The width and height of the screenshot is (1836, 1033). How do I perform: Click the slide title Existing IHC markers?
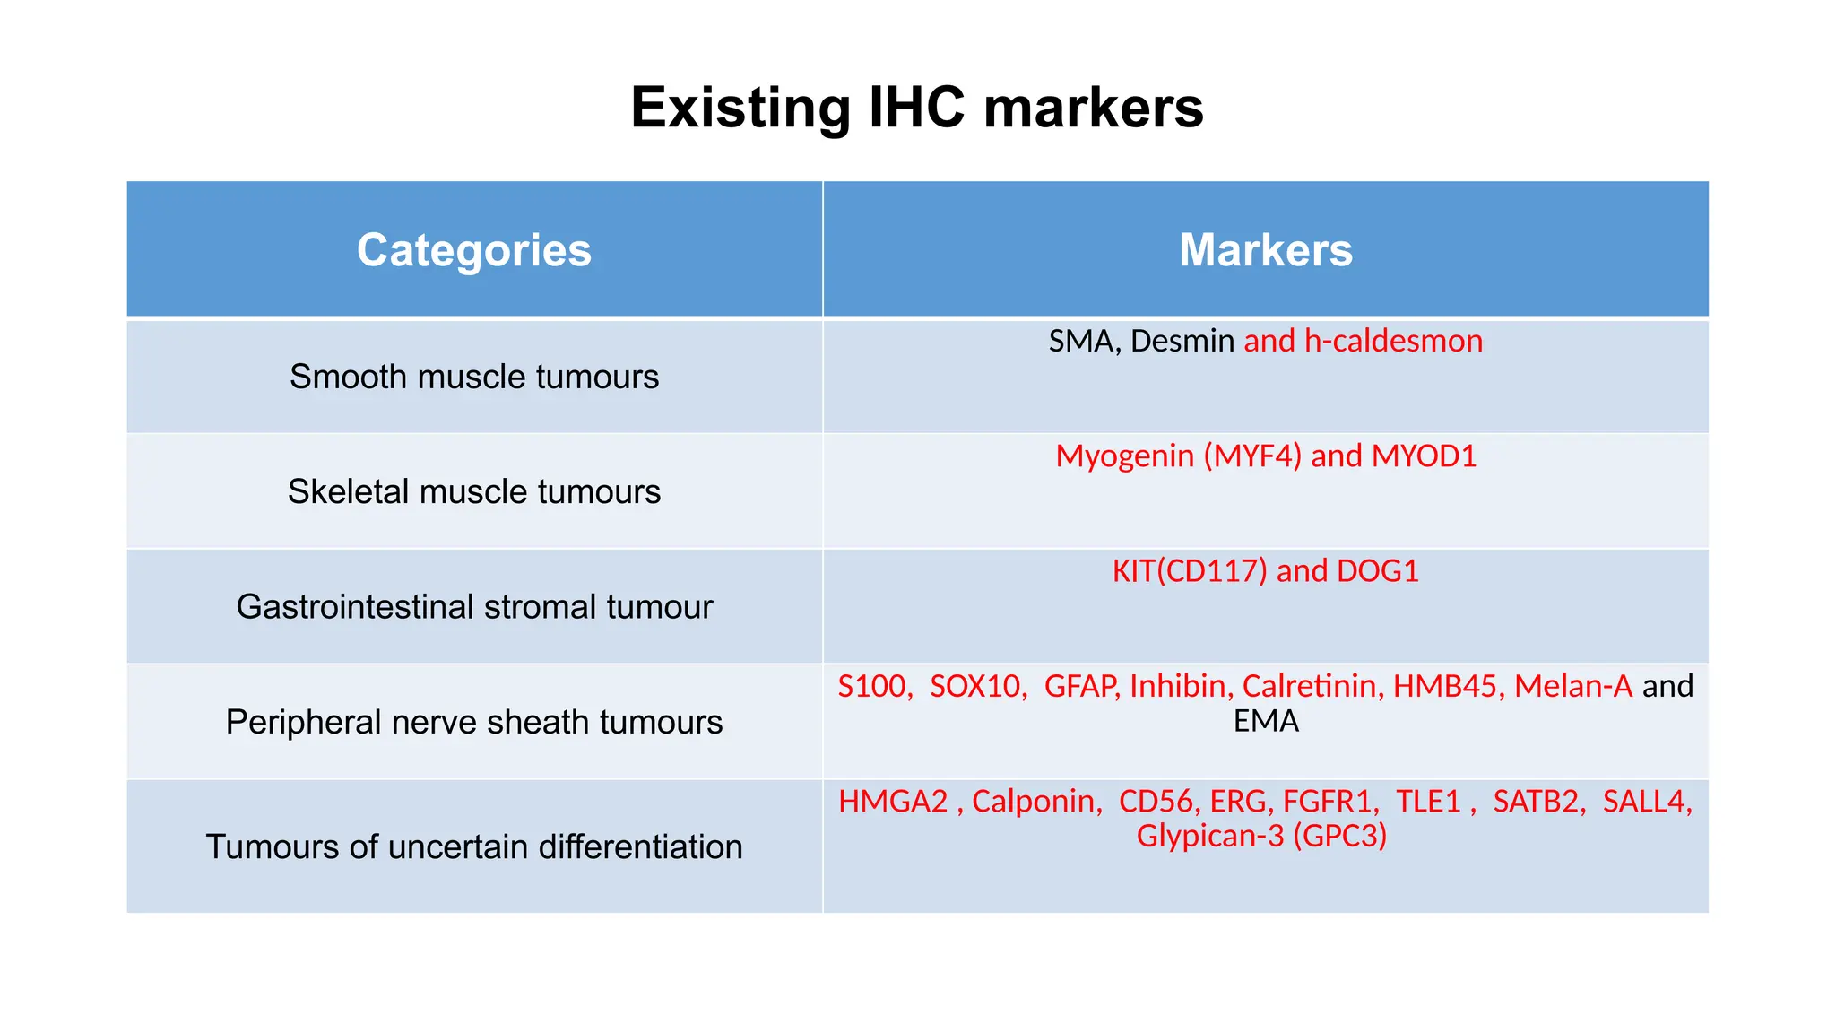pos(916,108)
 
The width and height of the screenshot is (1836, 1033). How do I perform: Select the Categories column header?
pos(474,249)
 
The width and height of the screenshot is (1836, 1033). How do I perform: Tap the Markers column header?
pos(1265,249)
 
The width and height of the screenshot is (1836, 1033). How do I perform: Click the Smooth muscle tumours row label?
pos(474,377)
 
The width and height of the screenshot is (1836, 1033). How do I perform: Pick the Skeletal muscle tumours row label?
pos(474,491)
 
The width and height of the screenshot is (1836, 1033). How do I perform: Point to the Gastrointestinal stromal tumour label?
pos(474,607)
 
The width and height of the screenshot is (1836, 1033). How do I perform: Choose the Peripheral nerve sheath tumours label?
pos(474,722)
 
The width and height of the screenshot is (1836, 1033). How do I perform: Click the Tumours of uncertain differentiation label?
pos(474,846)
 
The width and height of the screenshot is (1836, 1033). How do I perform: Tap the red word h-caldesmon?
pos(1393,341)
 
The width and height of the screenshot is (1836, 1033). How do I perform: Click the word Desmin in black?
pos(1182,341)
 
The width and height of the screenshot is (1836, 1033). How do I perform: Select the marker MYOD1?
pos(1424,456)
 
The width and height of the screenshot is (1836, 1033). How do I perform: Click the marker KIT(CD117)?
pos(1190,570)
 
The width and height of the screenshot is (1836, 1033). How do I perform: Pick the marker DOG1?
pos(1378,570)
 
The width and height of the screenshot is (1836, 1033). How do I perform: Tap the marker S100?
pos(874,686)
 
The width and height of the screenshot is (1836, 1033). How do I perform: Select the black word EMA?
pos(1265,721)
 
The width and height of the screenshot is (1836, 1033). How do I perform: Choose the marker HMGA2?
pos(893,801)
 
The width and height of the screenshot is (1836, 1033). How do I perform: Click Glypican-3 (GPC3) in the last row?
pos(1261,836)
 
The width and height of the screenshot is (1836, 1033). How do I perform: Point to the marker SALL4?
pos(1645,801)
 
